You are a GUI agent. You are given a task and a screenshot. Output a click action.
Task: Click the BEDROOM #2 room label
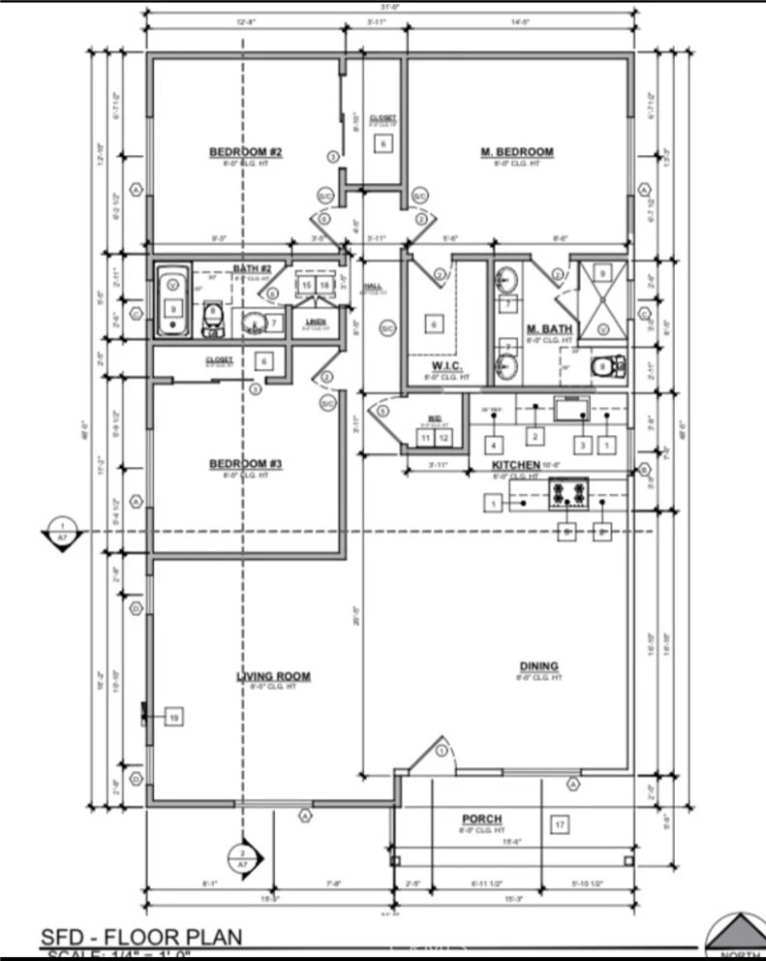click(x=246, y=152)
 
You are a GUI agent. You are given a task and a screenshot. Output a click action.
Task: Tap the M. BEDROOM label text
click(x=517, y=152)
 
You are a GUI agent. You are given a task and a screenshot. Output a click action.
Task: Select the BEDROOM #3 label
click(x=246, y=465)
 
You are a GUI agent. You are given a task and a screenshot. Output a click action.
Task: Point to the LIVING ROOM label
click(x=274, y=676)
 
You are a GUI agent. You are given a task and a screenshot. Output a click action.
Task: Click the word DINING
click(x=538, y=666)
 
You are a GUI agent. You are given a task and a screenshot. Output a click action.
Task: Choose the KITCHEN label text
click(x=516, y=465)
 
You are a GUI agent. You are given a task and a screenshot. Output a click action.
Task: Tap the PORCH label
click(x=481, y=819)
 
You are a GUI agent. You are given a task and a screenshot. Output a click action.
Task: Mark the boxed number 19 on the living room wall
click(x=174, y=717)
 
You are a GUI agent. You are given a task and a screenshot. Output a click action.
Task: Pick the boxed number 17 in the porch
click(x=559, y=824)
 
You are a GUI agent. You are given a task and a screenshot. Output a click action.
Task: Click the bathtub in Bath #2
click(x=173, y=299)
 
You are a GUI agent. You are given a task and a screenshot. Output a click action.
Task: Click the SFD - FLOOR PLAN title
click(x=140, y=937)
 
